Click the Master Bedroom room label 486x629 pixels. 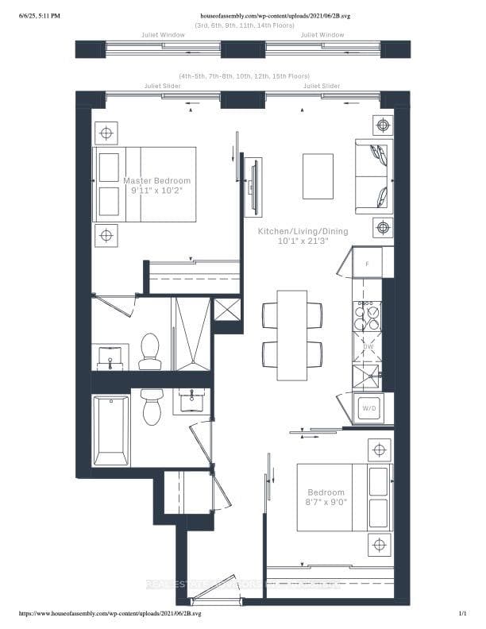click(x=157, y=181)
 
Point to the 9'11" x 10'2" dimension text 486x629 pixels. click(x=157, y=192)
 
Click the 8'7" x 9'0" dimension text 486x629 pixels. click(x=326, y=504)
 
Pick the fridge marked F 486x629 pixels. click(x=367, y=263)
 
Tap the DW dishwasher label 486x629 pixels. click(x=368, y=347)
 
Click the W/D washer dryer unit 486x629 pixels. click(x=369, y=408)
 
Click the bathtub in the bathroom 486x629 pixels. click(x=110, y=431)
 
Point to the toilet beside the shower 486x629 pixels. click(x=150, y=352)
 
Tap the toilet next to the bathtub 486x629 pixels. click(x=152, y=407)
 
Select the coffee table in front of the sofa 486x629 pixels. click(x=318, y=176)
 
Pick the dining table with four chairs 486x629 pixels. click(x=291, y=334)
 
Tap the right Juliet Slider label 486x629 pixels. click(x=322, y=85)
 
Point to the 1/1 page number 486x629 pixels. click(x=463, y=614)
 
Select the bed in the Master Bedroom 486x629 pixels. click(x=146, y=184)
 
